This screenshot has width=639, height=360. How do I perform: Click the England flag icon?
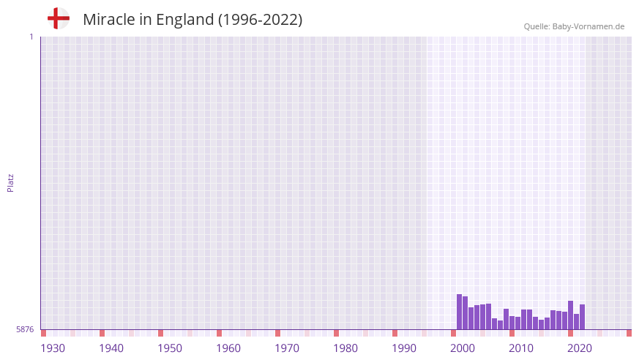59,19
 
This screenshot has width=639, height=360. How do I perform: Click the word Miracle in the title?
108,20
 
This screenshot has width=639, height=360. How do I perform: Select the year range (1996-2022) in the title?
261,20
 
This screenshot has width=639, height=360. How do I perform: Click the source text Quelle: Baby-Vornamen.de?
574,26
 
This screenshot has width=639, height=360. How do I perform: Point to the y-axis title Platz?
10,182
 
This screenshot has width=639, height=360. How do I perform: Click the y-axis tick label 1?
31,37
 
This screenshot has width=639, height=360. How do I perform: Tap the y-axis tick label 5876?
25,330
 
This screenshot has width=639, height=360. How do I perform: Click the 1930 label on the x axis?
53,348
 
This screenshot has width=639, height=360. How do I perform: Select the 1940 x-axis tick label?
111,348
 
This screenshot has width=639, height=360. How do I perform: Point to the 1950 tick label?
170,348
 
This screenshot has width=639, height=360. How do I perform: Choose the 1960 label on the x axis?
228,348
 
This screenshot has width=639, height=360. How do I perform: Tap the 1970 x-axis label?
287,348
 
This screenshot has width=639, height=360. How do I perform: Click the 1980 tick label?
345,348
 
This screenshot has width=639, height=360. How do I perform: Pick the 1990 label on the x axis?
404,348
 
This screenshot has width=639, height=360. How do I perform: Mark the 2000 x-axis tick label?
463,348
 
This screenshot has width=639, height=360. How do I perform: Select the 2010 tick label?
521,348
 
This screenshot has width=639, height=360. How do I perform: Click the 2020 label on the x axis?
580,348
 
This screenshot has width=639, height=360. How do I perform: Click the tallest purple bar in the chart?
459,312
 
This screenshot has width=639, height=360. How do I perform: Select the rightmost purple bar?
582,317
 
